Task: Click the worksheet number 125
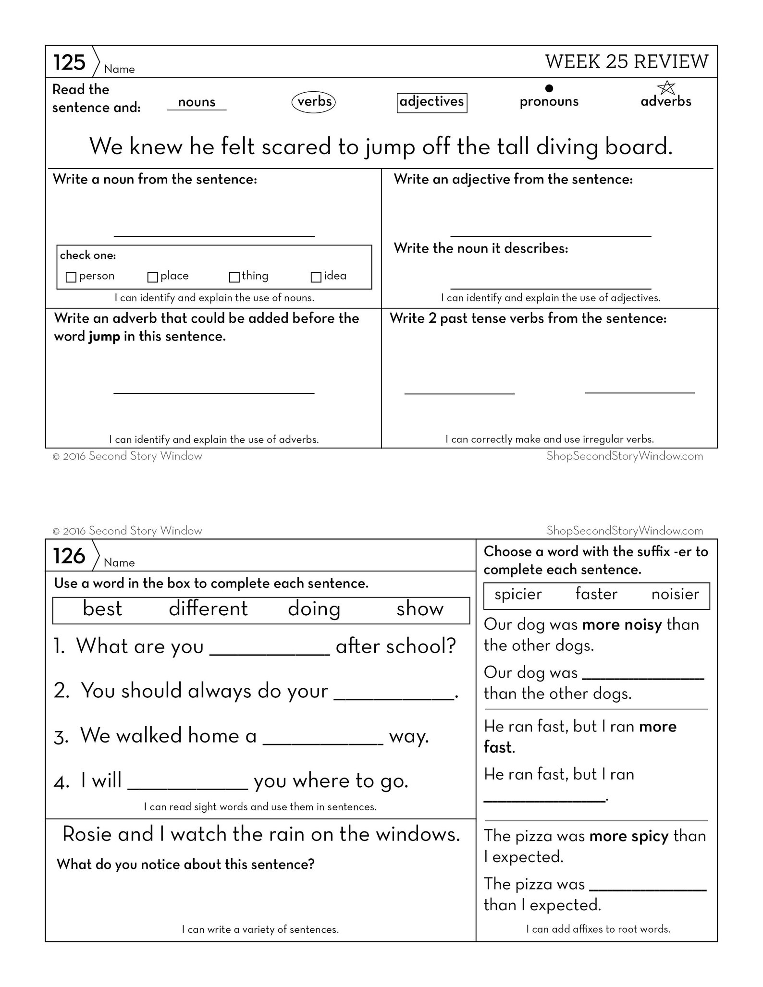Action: [69, 62]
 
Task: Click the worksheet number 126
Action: [69, 556]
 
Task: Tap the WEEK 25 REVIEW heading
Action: [627, 61]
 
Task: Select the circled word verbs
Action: [314, 102]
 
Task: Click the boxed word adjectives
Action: [431, 102]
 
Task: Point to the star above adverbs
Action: [666, 87]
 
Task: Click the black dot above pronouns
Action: [549, 88]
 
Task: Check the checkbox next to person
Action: [71, 277]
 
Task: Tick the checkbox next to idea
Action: [316, 277]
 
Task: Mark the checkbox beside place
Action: [153, 277]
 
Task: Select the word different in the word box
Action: [208, 609]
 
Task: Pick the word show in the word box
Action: [419, 609]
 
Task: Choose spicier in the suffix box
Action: [518, 595]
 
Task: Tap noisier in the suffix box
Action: [675, 595]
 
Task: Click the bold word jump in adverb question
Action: [104, 337]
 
